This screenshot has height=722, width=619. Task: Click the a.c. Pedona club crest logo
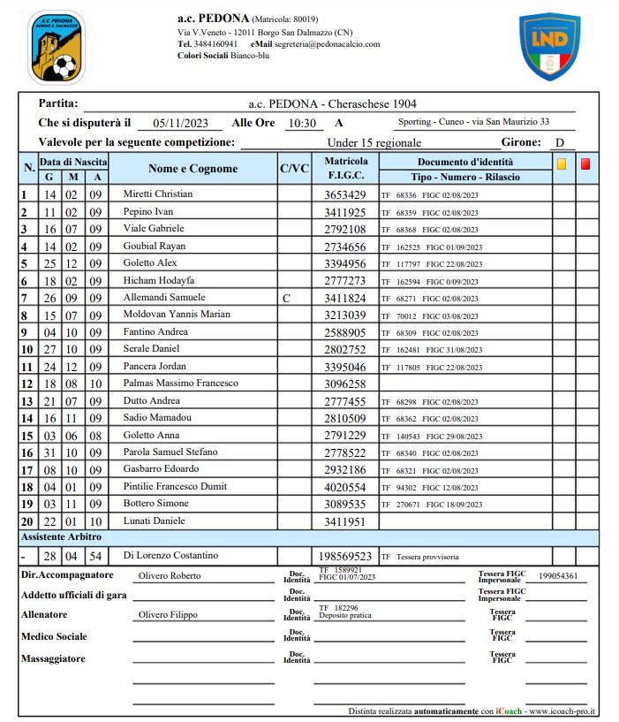56,46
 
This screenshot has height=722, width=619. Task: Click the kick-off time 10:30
302,124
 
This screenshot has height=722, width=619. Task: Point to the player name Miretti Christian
157,194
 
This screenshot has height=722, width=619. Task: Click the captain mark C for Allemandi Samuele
285,298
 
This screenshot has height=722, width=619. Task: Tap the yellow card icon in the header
562,163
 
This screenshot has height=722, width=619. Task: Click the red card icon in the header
586,163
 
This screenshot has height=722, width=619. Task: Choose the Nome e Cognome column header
192,169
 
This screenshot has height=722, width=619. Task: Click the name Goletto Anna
151,435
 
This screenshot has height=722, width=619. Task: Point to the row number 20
26,521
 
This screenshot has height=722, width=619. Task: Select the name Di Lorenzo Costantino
171,555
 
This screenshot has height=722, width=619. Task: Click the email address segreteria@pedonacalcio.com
327,43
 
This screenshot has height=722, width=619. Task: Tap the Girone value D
559,142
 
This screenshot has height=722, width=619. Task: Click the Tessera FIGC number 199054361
558,576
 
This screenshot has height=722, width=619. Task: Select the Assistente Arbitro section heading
61,536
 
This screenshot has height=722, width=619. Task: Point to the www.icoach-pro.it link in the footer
562,711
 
